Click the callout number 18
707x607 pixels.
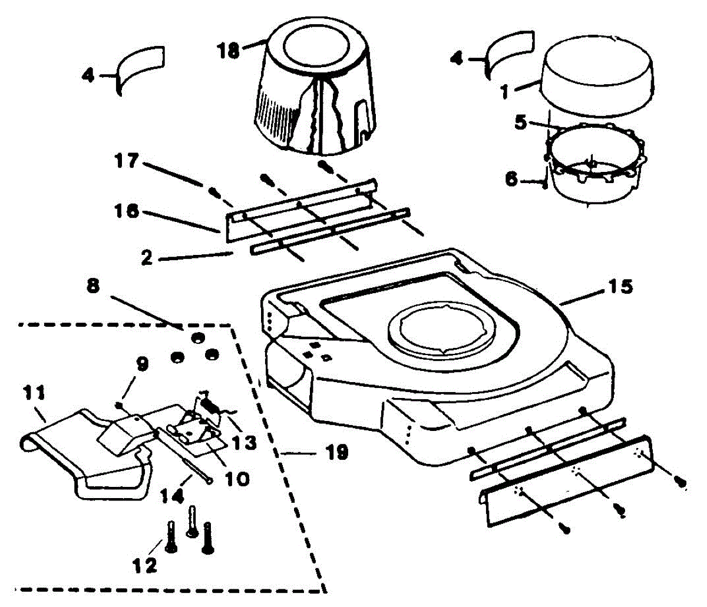coord(229,50)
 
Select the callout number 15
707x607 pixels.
coord(618,287)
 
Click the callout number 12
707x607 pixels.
coord(145,565)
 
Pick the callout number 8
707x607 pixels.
coord(92,286)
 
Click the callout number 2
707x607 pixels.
coord(147,258)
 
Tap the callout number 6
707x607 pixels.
coord(512,178)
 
